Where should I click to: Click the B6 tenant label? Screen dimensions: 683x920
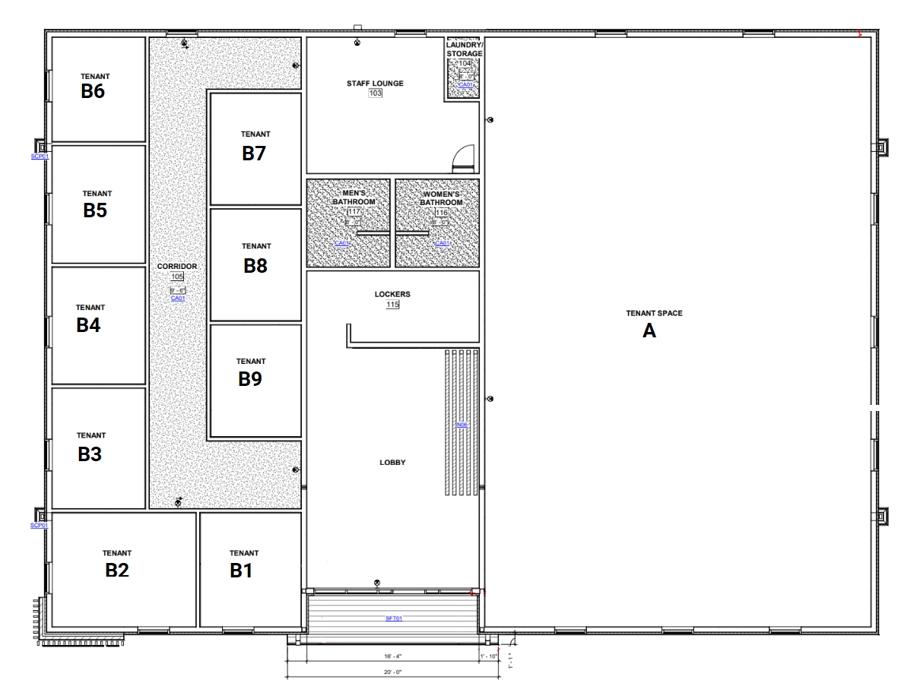coord(93,91)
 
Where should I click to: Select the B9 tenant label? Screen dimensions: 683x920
coord(250,378)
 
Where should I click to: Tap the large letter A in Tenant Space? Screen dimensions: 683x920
coord(649,330)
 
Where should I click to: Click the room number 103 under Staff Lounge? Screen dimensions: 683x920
coord(375,93)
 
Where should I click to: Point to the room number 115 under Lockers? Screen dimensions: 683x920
coord(392,305)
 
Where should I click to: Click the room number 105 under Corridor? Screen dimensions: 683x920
coord(177,277)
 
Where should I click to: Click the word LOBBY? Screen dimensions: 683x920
coord(392,463)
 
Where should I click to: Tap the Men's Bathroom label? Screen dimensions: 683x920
coord(354,198)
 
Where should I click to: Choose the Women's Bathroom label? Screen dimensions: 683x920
coord(442,198)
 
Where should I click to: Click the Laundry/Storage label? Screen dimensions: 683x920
coord(464,50)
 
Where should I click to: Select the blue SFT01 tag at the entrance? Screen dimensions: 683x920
coord(393,618)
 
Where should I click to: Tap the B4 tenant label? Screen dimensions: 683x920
coord(89,325)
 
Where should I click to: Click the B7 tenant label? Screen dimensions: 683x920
coord(254,153)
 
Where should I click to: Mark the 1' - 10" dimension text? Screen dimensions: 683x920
coord(488,656)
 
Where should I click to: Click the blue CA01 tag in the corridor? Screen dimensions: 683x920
coord(178,299)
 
